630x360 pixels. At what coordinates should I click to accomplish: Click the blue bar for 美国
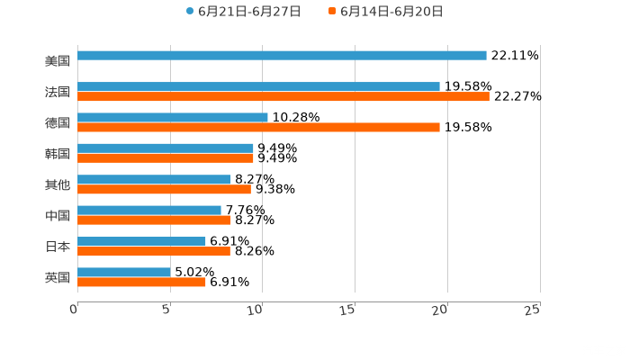coord(282,56)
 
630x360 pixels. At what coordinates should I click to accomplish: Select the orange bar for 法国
coord(283,97)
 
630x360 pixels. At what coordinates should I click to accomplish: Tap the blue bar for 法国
coord(259,86)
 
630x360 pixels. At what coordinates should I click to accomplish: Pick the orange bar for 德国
coord(259,128)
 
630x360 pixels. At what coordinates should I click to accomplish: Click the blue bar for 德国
coord(173,117)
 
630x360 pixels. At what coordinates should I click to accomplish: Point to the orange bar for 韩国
coord(166,158)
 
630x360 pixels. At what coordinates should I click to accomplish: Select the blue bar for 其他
coord(155,179)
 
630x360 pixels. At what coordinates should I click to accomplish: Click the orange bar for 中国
coord(155,220)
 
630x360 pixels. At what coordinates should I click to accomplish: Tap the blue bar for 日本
coord(142,241)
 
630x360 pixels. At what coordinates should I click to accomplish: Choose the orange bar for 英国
coord(142,283)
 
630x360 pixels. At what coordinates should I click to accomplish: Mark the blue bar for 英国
coord(124,272)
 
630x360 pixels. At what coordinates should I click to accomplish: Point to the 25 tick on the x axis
coord(532,310)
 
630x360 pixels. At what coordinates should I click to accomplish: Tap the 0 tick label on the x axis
coord(74,310)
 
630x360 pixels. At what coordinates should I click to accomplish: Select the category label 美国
coord(57,61)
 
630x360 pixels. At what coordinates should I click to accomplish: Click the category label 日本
coord(57,247)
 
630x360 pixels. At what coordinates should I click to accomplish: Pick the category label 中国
coord(57,216)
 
